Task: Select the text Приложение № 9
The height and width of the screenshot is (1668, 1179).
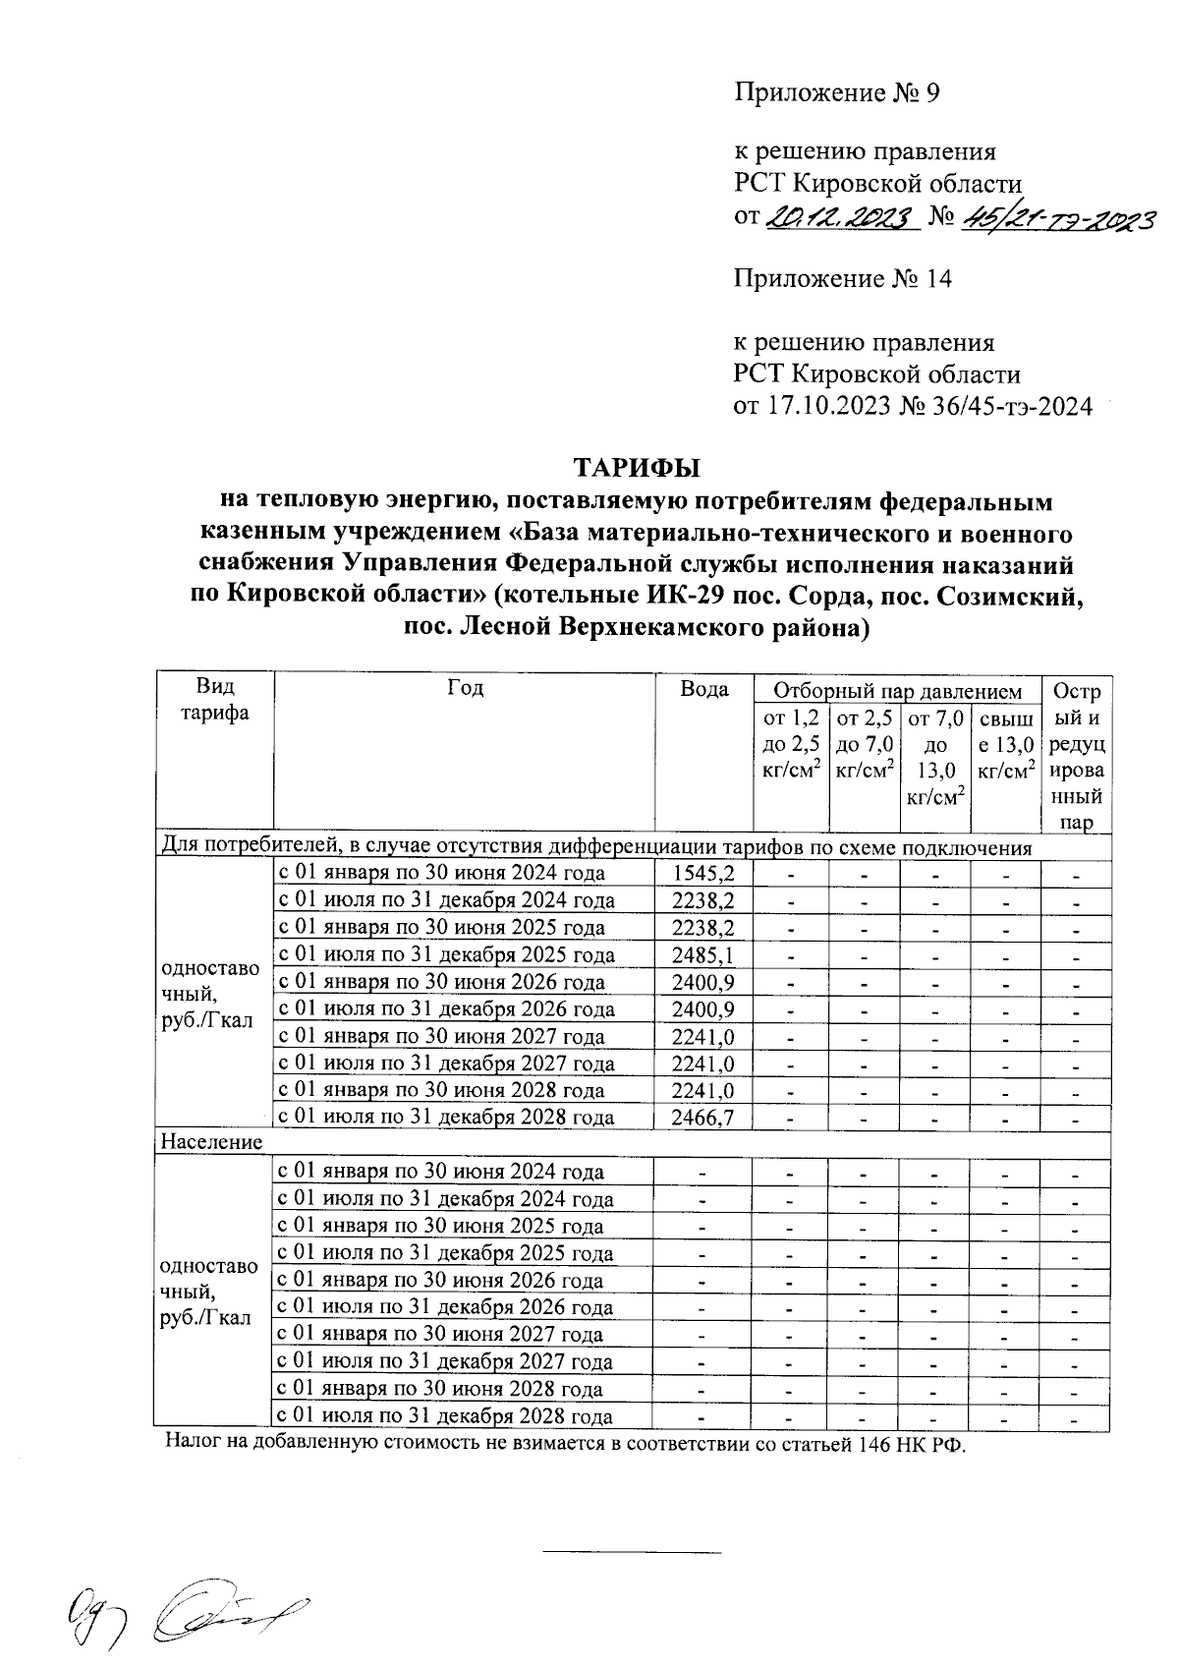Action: [838, 93]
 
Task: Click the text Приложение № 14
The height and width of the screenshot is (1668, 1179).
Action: [843, 279]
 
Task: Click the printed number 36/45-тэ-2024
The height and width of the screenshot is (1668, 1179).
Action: [994, 407]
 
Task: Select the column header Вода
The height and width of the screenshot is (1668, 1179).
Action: [703, 689]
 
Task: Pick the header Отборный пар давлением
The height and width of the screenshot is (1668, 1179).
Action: [897, 691]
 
